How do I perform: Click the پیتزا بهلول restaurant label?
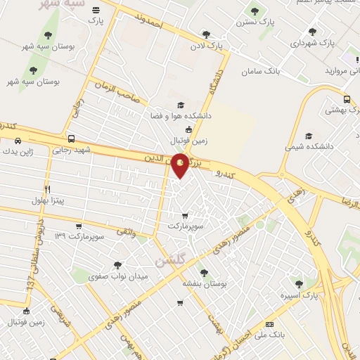(x=48, y=201)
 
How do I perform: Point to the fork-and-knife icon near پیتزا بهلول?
(x=48, y=189)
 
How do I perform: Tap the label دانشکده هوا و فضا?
(x=181, y=115)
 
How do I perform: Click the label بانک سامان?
(x=261, y=72)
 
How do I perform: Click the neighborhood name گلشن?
(x=169, y=260)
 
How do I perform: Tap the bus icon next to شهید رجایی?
(x=70, y=139)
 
